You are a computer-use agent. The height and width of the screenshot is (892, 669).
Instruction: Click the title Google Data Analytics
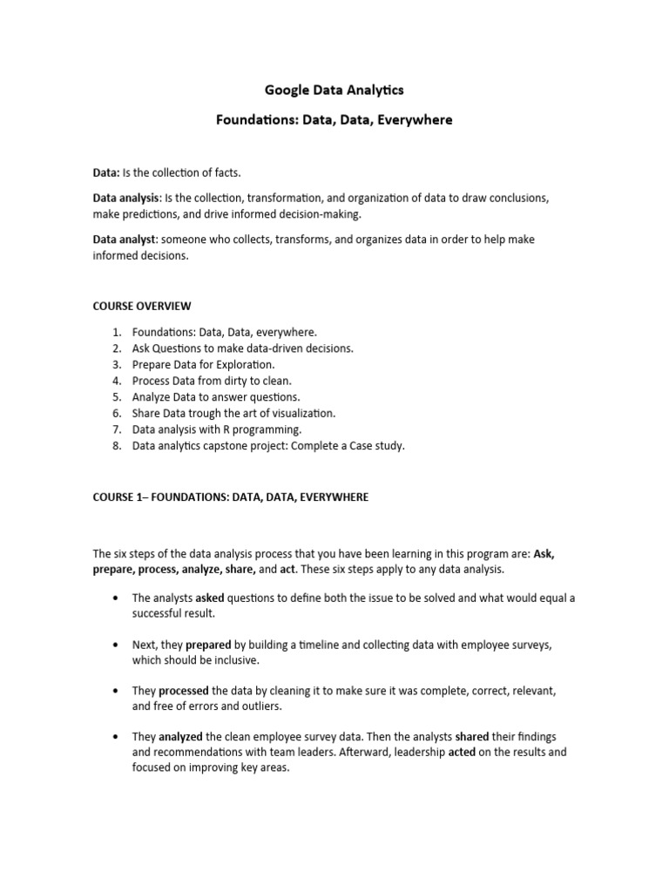(334, 90)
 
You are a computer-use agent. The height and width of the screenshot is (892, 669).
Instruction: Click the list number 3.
(116, 364)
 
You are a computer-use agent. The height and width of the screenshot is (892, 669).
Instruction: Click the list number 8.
(116, 445)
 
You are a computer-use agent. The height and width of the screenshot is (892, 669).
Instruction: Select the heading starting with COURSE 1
(231, 497)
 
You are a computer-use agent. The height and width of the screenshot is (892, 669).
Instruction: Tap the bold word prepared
(206, 645)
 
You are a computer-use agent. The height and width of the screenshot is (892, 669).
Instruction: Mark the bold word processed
(184, 691)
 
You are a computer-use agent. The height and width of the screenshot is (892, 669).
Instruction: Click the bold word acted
(462, 753)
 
